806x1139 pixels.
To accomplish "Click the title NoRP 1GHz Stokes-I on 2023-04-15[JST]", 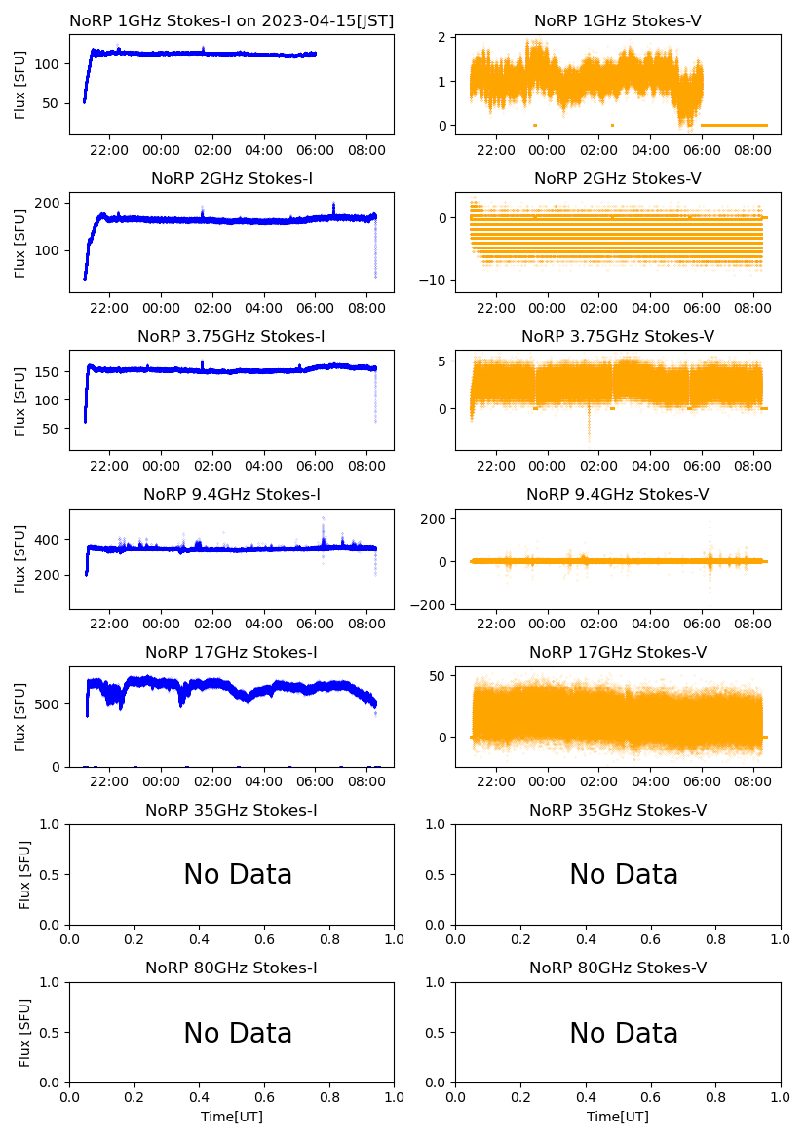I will [x=232, y=20].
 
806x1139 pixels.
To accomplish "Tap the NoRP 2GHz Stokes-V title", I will [x=618, y=178].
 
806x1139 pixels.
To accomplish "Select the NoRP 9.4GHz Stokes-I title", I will [x=232, y=494].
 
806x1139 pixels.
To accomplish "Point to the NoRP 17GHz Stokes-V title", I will [x=618, y=652].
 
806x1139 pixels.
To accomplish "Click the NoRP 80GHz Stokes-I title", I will [x=232, y=968].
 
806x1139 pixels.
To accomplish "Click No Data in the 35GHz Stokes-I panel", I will [x=238, y=875].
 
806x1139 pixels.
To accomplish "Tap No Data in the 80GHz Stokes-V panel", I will [x=624, y=1033].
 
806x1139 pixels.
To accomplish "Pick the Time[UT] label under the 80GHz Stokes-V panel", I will [x=618, y=1117].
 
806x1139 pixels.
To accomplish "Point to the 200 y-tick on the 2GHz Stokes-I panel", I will [x=50, y=203].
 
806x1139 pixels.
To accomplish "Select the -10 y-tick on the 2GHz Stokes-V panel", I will [x=432, y=281].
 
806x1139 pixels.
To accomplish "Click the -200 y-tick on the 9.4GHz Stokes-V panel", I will [x=428, y=605].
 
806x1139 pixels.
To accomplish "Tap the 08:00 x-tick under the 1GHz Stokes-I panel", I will [x=366, y=151].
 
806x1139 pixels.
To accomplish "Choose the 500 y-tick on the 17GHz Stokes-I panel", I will [x=50, y=704].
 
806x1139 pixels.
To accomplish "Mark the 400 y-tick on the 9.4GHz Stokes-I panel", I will [x=50, y=540].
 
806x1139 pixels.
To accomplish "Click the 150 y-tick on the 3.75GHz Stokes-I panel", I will [x=50, y=371].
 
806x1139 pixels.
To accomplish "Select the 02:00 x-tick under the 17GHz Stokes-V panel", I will [x=598, y=782].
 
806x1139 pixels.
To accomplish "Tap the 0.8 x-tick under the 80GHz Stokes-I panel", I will [x=329, y=1098].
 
